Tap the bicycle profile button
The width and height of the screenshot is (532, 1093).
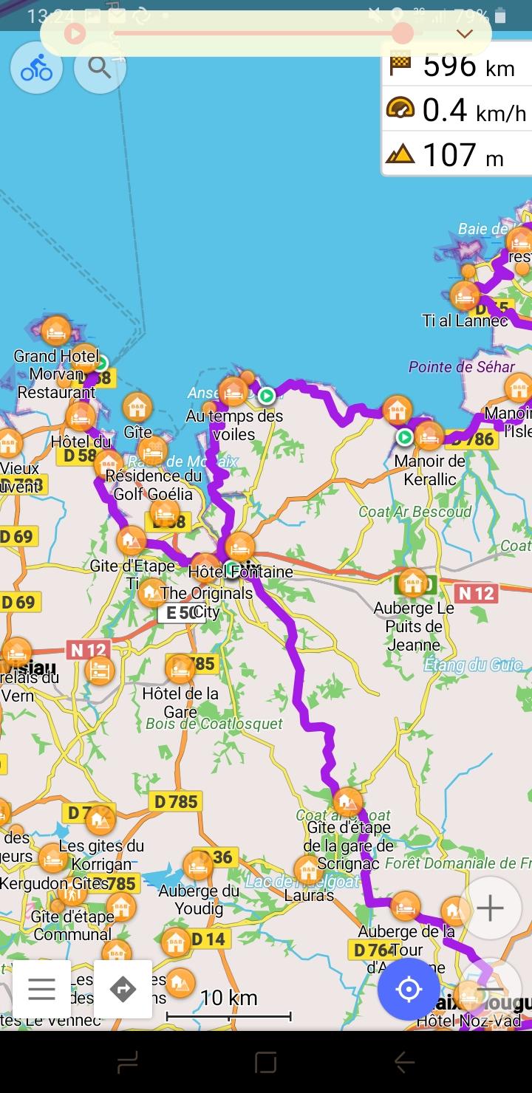[36, 67]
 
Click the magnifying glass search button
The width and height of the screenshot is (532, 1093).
[100, 67]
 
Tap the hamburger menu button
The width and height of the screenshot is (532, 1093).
[41, 989]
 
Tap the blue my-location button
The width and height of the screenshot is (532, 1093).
[409, 989]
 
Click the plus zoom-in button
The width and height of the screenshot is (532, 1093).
[490, 908]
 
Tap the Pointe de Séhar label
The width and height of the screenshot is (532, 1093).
[461, 367]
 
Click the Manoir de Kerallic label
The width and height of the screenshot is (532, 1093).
[430, 470]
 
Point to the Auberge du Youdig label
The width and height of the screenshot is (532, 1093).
[199, 900]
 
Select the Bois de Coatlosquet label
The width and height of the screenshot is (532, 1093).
[214, 724]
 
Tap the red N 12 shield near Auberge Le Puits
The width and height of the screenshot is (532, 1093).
[475, 593]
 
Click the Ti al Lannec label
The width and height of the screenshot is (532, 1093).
[465, 321]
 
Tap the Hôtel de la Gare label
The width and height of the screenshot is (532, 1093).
[180, 702]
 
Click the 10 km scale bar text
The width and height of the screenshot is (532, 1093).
[228, 998]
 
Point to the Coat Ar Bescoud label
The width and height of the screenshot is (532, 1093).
[415, 512]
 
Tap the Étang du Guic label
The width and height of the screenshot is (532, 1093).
[473, 665]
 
